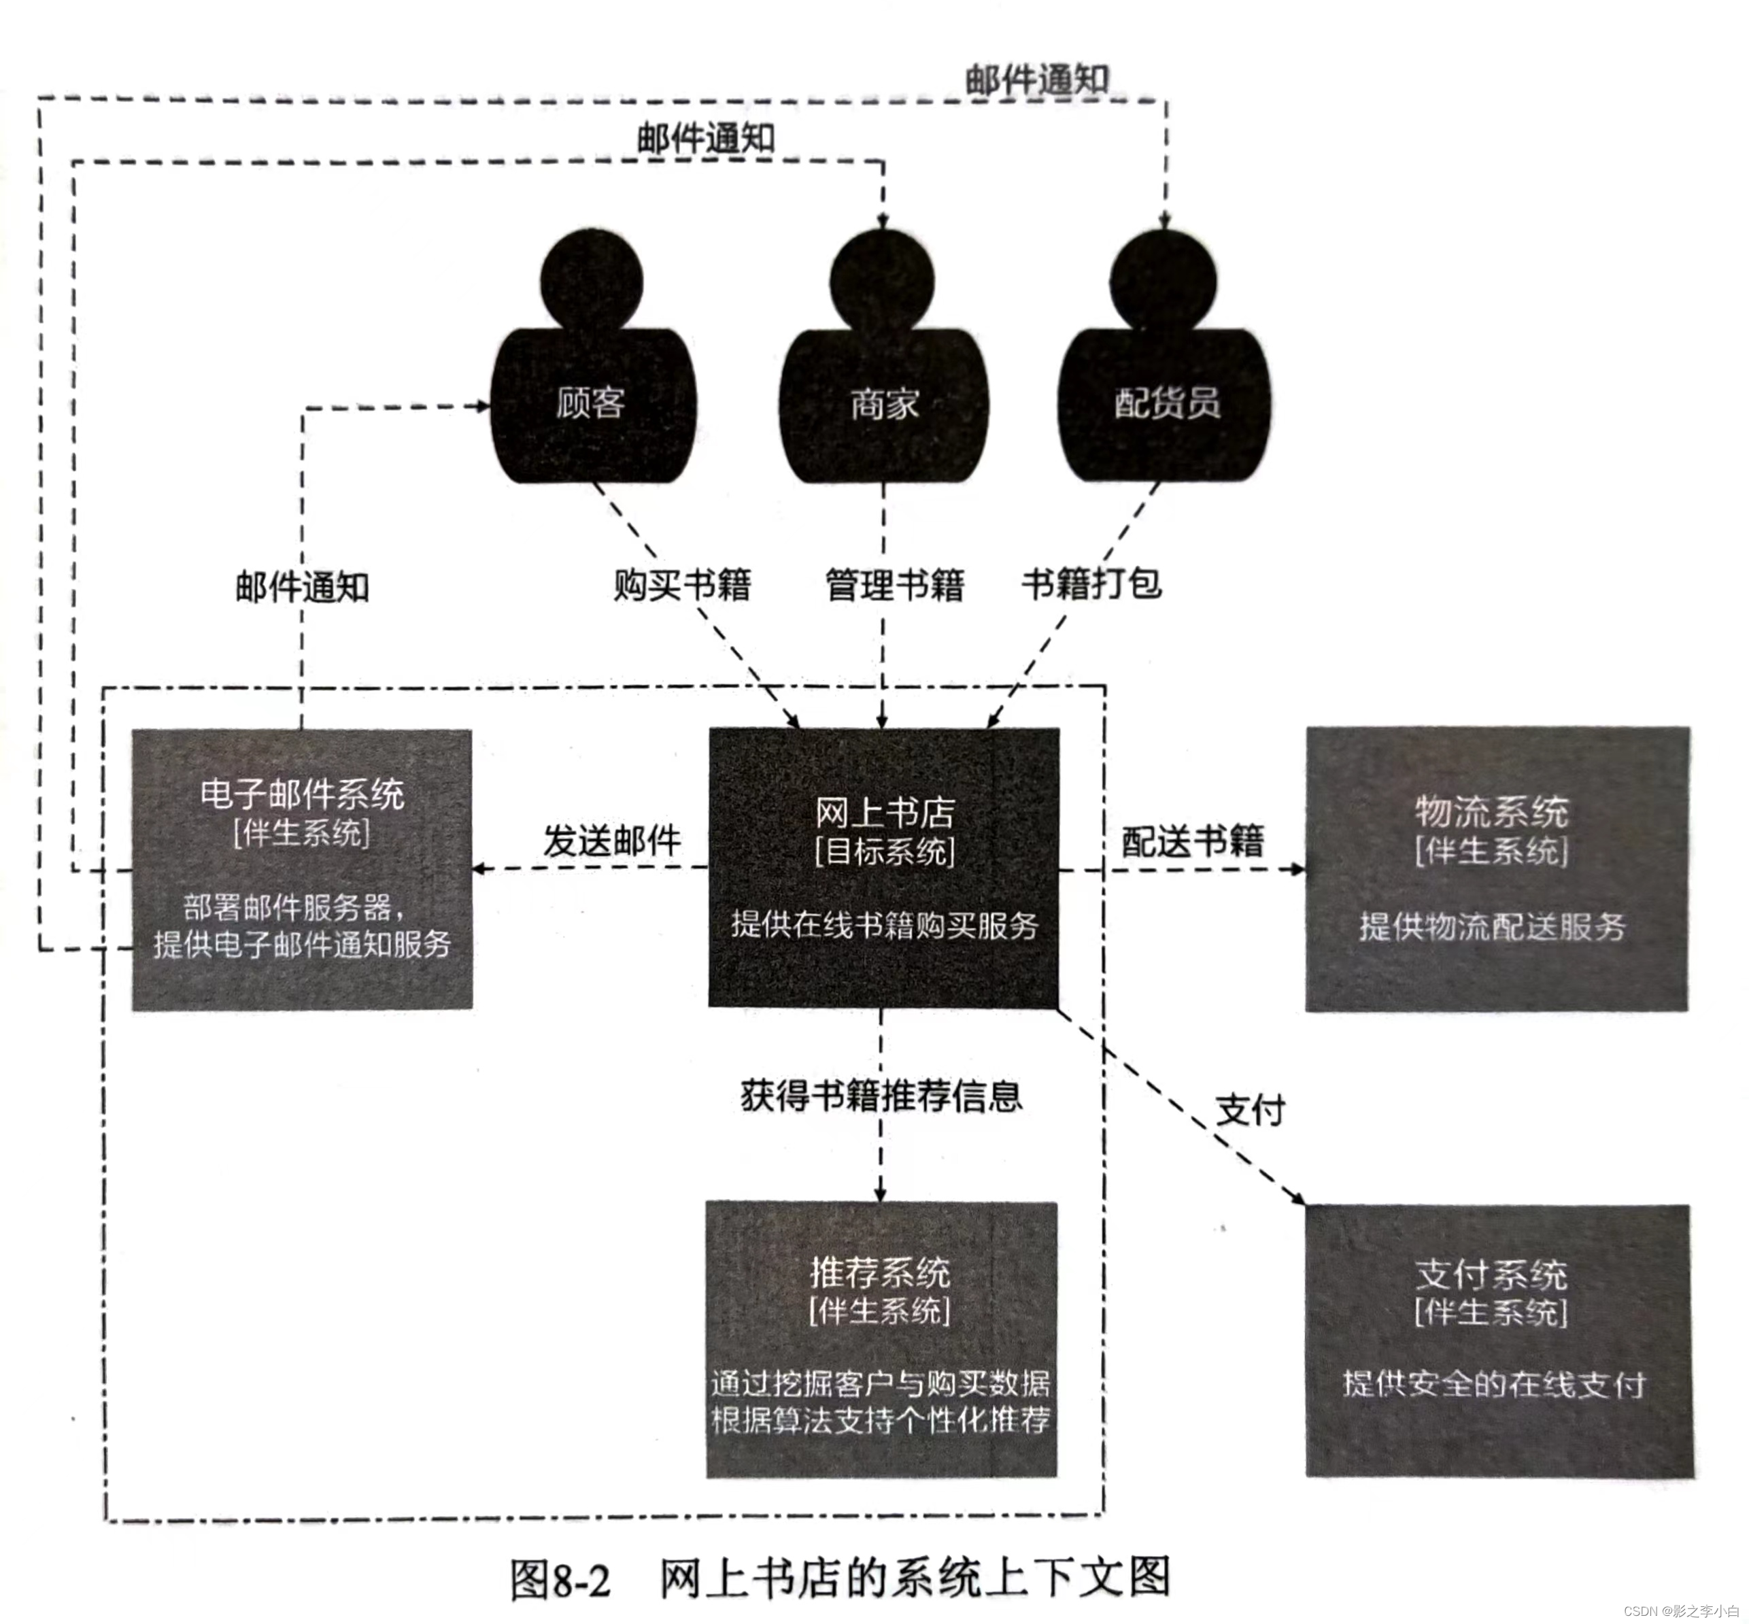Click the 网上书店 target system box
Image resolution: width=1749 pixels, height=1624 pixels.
point(883,867)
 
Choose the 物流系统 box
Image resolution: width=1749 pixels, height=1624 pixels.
point(1496,868)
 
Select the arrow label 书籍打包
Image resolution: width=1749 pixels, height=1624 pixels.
point(1091,583)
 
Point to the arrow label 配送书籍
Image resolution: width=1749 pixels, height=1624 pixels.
point(1193,842)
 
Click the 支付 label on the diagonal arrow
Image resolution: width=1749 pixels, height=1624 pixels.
point(1250,1110)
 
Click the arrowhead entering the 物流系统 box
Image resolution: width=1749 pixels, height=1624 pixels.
point(1297,869)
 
